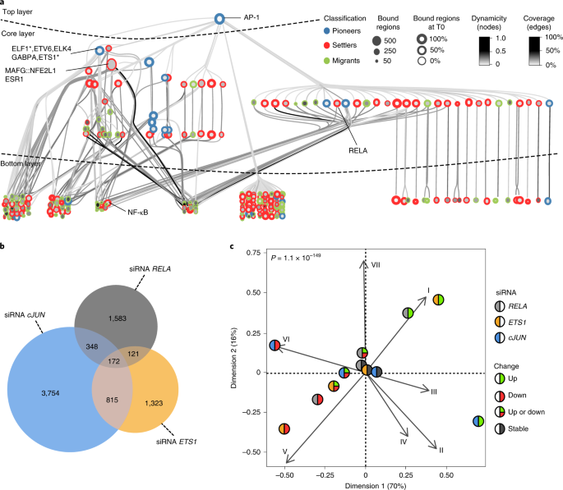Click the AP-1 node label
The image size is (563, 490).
point(256,16)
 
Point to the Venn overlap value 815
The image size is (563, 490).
point(109,396)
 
